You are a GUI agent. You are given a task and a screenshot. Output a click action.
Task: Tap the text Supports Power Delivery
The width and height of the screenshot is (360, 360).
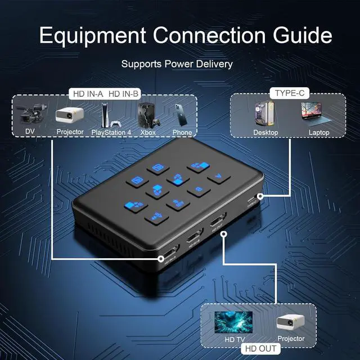click(177, 64)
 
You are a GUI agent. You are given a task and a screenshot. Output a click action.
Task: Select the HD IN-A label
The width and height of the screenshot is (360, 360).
click(86, 93)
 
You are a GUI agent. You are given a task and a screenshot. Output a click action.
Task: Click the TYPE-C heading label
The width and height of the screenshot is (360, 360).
click(287, 92)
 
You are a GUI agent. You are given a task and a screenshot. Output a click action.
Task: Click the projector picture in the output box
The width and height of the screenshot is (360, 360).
click(290, 322)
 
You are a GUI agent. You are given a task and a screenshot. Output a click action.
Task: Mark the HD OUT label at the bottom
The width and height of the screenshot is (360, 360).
click(260, 349)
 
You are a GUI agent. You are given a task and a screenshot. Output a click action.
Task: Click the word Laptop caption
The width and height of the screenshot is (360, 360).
click(318, 133)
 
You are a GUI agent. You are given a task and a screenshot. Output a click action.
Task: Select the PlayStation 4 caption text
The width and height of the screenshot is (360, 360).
click(111, 133)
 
